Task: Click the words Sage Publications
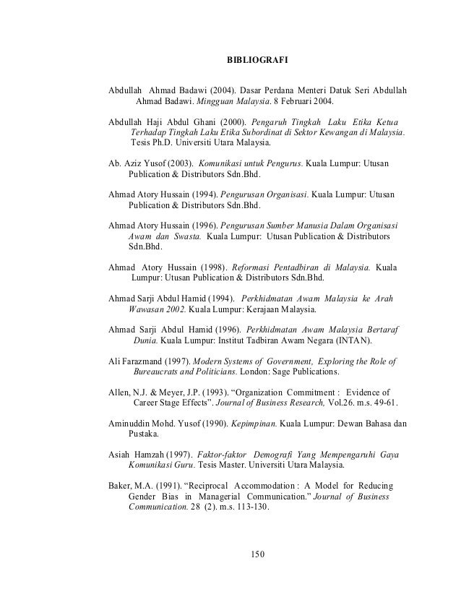point(302,372)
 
